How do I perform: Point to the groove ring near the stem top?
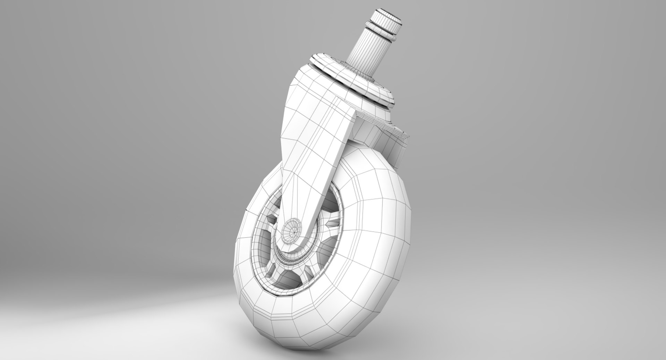[382, 29]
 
